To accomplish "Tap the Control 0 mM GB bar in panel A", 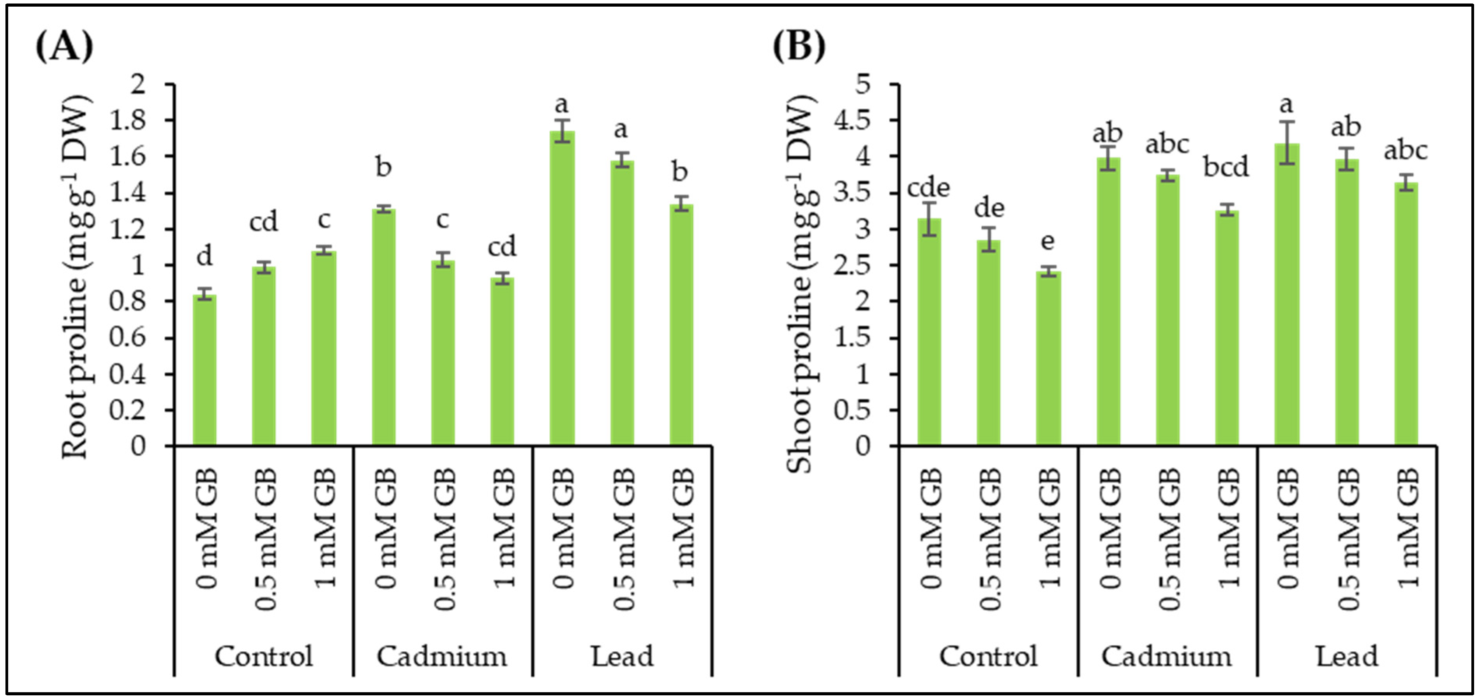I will coord(204,370).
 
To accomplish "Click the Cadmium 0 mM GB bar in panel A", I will coord(383,327).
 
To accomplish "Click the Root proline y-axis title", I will coord(76,276).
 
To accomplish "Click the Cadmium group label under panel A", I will coord(442,656).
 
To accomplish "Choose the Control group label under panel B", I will coord(988,656).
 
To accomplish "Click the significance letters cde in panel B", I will coord(928,188).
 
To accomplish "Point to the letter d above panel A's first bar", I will coord(204,256).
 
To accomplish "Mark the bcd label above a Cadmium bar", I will coord(1226,167).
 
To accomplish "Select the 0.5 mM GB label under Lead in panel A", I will coord(624,539).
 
